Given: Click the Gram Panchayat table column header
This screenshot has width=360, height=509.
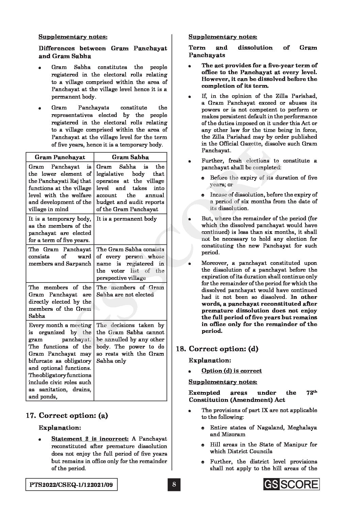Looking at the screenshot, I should pos(60,157).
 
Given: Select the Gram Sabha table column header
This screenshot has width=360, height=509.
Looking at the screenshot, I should pos(130,157).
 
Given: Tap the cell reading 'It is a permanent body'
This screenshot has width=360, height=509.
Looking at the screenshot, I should pos(127,219).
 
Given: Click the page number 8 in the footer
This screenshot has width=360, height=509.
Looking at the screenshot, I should pos(174,485).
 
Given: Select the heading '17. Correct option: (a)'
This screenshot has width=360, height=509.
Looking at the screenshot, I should pos(67,415).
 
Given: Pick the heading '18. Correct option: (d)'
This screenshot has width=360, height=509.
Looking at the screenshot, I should pos(217,349).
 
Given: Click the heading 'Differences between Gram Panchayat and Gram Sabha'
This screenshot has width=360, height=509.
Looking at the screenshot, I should pos(103,52).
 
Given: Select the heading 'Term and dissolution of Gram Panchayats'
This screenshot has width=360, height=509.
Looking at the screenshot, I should pos(253,51).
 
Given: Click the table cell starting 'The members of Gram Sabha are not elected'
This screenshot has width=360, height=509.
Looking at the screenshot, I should pos(130,291).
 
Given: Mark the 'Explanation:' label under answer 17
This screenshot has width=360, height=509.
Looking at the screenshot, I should pos(60,427).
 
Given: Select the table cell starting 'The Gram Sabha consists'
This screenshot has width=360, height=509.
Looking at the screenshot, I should pos(130,264).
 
